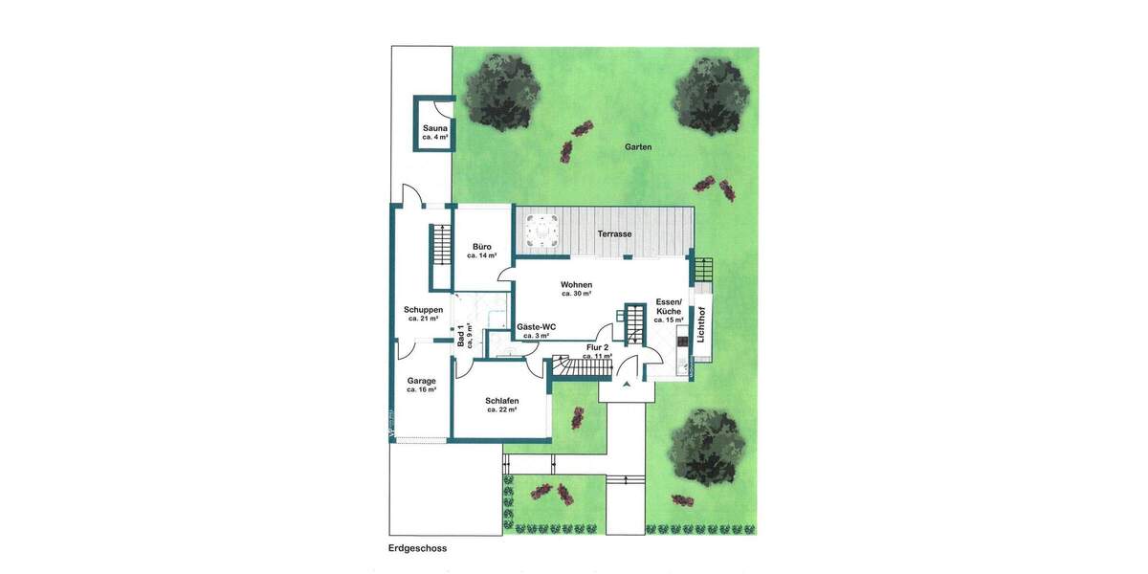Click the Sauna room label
point(435,131)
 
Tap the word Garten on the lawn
point(638,147)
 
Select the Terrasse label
point(615,233)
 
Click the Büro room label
point(481,251)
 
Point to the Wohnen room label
point(576,288)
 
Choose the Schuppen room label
point(422,313)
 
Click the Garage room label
point(421,384)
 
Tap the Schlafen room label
point(501,404)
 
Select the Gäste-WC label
point(536,330)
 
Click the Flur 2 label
point(597,351)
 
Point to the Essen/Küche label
point(668,310)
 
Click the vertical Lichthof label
point(703,323)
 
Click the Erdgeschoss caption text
point(418,549)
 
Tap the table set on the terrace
point(542,231)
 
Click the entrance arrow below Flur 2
point(627,384)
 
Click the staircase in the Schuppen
point(441,246)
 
